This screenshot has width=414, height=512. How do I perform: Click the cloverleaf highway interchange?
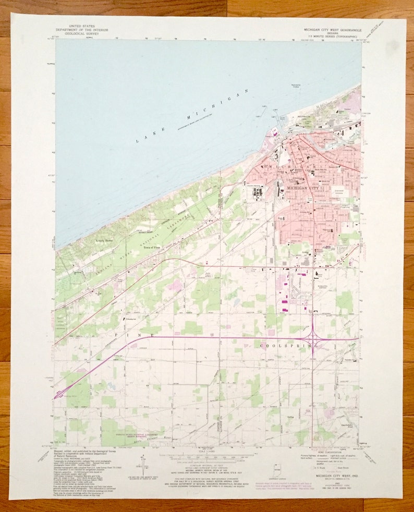313,339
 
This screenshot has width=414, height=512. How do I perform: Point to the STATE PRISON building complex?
257,191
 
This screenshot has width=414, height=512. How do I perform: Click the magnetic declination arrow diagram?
141,462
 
